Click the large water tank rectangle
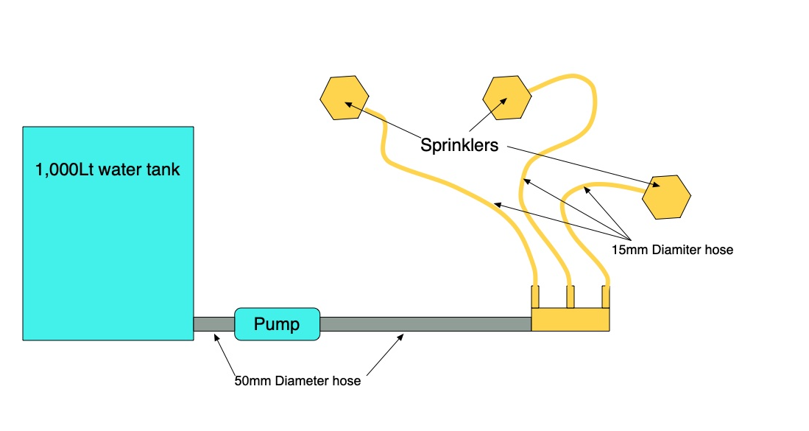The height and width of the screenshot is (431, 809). coord(107,250)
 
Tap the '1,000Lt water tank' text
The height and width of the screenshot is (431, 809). coord(107,170)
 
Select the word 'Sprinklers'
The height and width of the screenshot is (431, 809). coord(459,145)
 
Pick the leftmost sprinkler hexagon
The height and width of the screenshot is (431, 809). coord(345,97)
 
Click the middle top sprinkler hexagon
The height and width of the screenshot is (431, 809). coord(506,97)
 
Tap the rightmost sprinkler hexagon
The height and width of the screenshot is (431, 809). coord(666,197)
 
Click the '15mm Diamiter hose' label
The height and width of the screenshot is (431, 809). coord(672,250)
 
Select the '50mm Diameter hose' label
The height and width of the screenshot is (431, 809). coord(297,382)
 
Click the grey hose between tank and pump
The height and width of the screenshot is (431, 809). coord(213,324)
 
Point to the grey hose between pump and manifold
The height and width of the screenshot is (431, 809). coord(425,324)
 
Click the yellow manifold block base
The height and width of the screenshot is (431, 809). coord(570,320)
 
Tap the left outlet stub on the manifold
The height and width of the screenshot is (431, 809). coord(535,296)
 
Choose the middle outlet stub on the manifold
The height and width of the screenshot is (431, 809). coord(570,296)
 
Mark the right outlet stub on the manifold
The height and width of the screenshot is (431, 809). coord(606,296)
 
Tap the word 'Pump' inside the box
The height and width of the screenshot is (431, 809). coord(277,324)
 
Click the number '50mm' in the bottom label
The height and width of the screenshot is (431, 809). coord(251,382)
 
